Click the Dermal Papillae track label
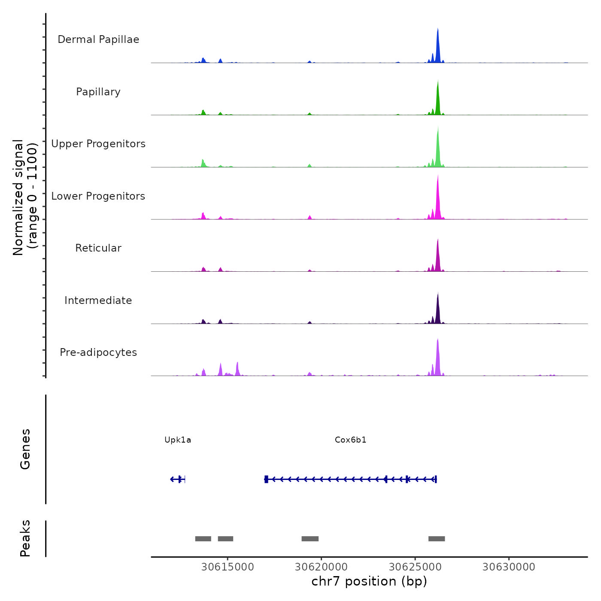(x=98, y=39)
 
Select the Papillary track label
(x=98, y=92)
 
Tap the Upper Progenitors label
(x=98, y=144)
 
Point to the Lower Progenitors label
(x=98, y=196)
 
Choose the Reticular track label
(x=98, y=248)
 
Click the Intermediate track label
(x=98, y=300)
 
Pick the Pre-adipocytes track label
(x=98, y=352)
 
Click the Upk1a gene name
(x=178, y=440)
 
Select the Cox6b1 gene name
(x=350, y=440)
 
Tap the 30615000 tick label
(x=228, y=567)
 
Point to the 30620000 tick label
(x=321, y=567)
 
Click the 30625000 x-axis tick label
(x=415, y=567)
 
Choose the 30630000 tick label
(x=509, y=567)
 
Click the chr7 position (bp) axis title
(x=369, y=581)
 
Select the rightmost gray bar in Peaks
(x=437, y=539)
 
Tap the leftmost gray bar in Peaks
(x=203, y=539)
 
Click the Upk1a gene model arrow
(x=177, y=479)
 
